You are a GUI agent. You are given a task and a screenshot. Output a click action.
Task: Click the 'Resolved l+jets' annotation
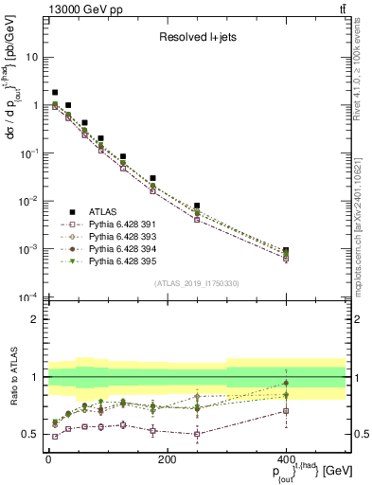[x=196, y=39]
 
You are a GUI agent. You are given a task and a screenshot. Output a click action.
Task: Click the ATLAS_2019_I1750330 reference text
[x=196, y=283]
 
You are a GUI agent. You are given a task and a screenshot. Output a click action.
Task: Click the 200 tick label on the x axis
[x=167, y=459]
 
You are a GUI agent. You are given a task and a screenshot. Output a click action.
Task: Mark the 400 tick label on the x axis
[x=286, y=459]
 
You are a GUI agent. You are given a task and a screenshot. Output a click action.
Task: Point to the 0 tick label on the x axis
[x=47, y=459]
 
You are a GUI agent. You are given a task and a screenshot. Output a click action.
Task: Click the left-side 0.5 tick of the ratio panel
[x=31, y=434]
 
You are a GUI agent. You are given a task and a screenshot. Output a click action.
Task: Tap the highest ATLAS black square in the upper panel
[x=55, y=93]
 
